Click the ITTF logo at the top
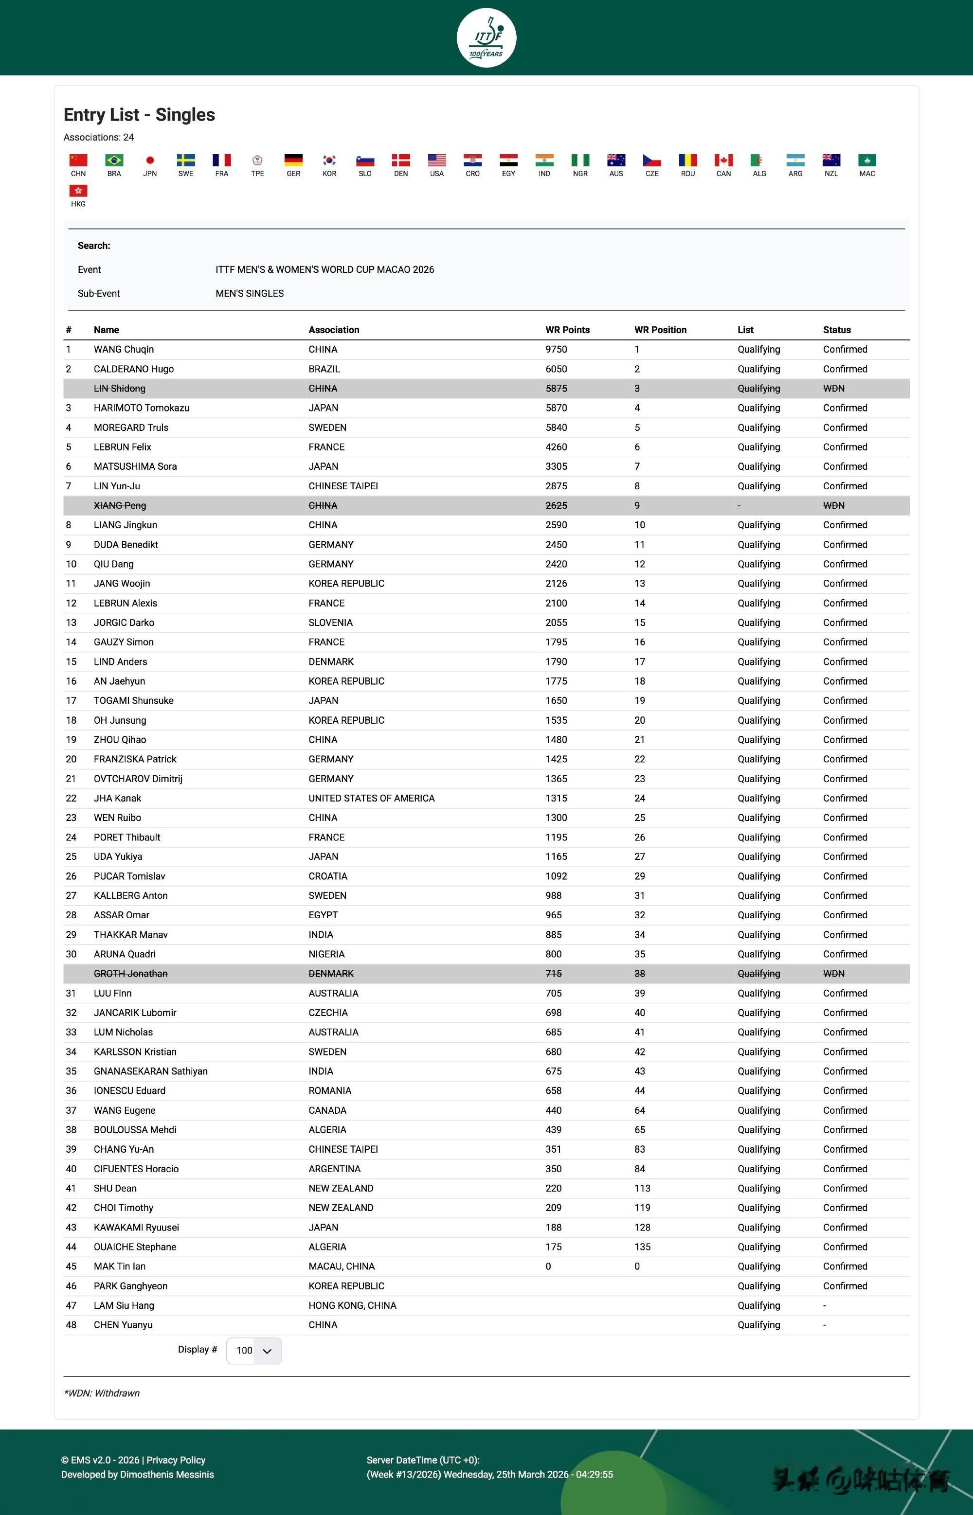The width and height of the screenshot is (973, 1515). point(486,38)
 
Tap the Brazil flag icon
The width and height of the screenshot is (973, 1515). point(114,160)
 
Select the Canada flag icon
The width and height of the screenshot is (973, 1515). point(723,160)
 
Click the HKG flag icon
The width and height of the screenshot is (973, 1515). point(78,191)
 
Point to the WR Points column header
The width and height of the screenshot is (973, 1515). point(567,330)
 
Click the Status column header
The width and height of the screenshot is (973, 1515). point(836,330)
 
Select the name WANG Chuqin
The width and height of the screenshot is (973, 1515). point(124,349)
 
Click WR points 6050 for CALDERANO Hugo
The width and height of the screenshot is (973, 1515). point(556,369)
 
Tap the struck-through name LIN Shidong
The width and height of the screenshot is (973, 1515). point(119,389)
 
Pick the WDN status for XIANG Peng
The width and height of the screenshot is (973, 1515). point(833,505)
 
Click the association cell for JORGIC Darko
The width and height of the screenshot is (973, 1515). point(330,623)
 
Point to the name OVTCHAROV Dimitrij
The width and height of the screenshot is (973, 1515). point(138,779)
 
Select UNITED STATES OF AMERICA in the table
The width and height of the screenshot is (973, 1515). point(372,798)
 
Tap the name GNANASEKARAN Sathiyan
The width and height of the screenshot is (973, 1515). point(150,1071)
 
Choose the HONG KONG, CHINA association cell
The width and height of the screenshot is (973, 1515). point(352,1305)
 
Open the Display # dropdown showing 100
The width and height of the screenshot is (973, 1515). point(253,1350)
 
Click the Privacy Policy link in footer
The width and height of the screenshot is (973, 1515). point(176,1460)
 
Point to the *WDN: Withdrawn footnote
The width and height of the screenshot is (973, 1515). point(102,1393)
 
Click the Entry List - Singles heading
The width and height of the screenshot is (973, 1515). point(139,115)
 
